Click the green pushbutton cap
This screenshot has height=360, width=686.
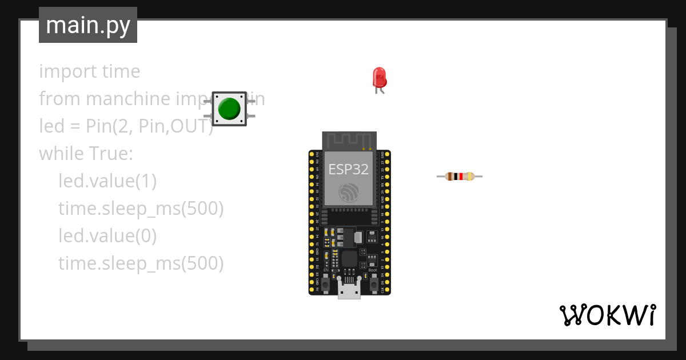tap(229, 109)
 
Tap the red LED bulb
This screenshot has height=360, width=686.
tap(379, 77)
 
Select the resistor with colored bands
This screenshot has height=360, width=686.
tap(460, 177)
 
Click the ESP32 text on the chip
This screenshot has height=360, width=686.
tap(348, 169)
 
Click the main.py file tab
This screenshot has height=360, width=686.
tap(88, 25)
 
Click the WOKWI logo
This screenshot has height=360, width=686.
tap(607, 315)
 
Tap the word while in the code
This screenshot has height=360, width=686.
tap(61, 154)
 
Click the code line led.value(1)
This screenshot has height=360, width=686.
tap(107, 181)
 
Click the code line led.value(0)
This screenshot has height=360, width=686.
tap(107, 236)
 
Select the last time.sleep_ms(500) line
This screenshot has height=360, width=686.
tap(141, 263)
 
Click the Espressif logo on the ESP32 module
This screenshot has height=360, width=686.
tap(348, 193)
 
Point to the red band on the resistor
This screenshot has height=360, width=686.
tap(461, 177)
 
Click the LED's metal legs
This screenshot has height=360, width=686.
tap(380, 89)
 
